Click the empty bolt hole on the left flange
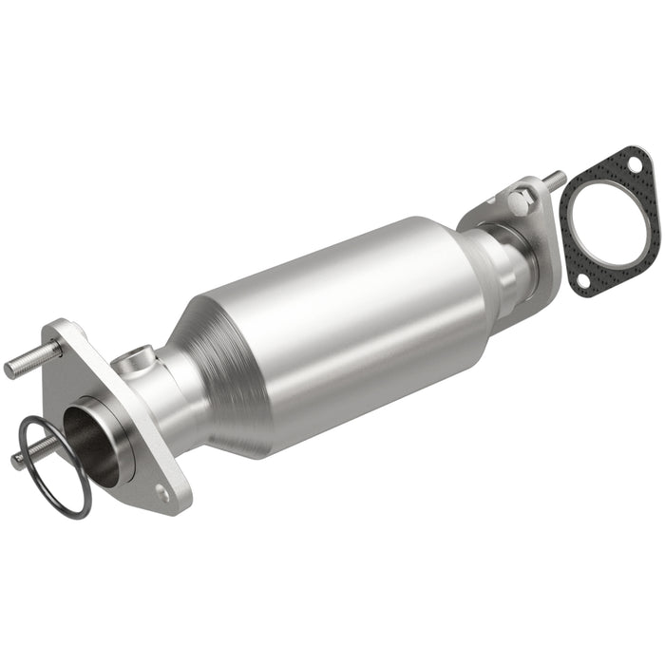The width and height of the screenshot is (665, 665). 162,492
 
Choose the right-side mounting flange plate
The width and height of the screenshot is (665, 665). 532,228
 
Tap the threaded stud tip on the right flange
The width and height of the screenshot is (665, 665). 555,177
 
